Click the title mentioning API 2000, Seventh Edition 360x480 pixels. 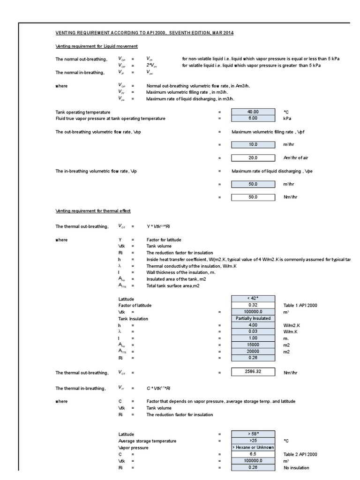click(144, 33)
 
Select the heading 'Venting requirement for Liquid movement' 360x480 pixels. click(97, 46)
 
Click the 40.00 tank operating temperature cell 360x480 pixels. click(253, 112)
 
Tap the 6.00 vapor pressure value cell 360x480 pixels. click(253, 119)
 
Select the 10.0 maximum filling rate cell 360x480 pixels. click(253, 145)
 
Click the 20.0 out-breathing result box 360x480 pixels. click(253, 158)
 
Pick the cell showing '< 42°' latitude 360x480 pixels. click(253, 299)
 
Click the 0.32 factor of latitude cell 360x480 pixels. click(253, 305)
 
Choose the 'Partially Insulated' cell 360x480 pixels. click(253, 318)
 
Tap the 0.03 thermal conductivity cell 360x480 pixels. click(253, 331)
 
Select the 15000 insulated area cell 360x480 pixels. click(253, 345)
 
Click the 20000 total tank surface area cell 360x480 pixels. click(253, 351)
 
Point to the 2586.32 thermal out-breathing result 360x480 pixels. click(253, 372)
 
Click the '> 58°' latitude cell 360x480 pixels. click(253, 434)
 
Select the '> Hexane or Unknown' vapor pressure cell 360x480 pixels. click(253, 447)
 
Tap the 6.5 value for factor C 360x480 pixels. click(253, 454)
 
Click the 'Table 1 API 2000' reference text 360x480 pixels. click(300, 305)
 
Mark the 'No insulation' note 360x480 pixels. click(296, 467)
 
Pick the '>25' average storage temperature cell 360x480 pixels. click(253, 441)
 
